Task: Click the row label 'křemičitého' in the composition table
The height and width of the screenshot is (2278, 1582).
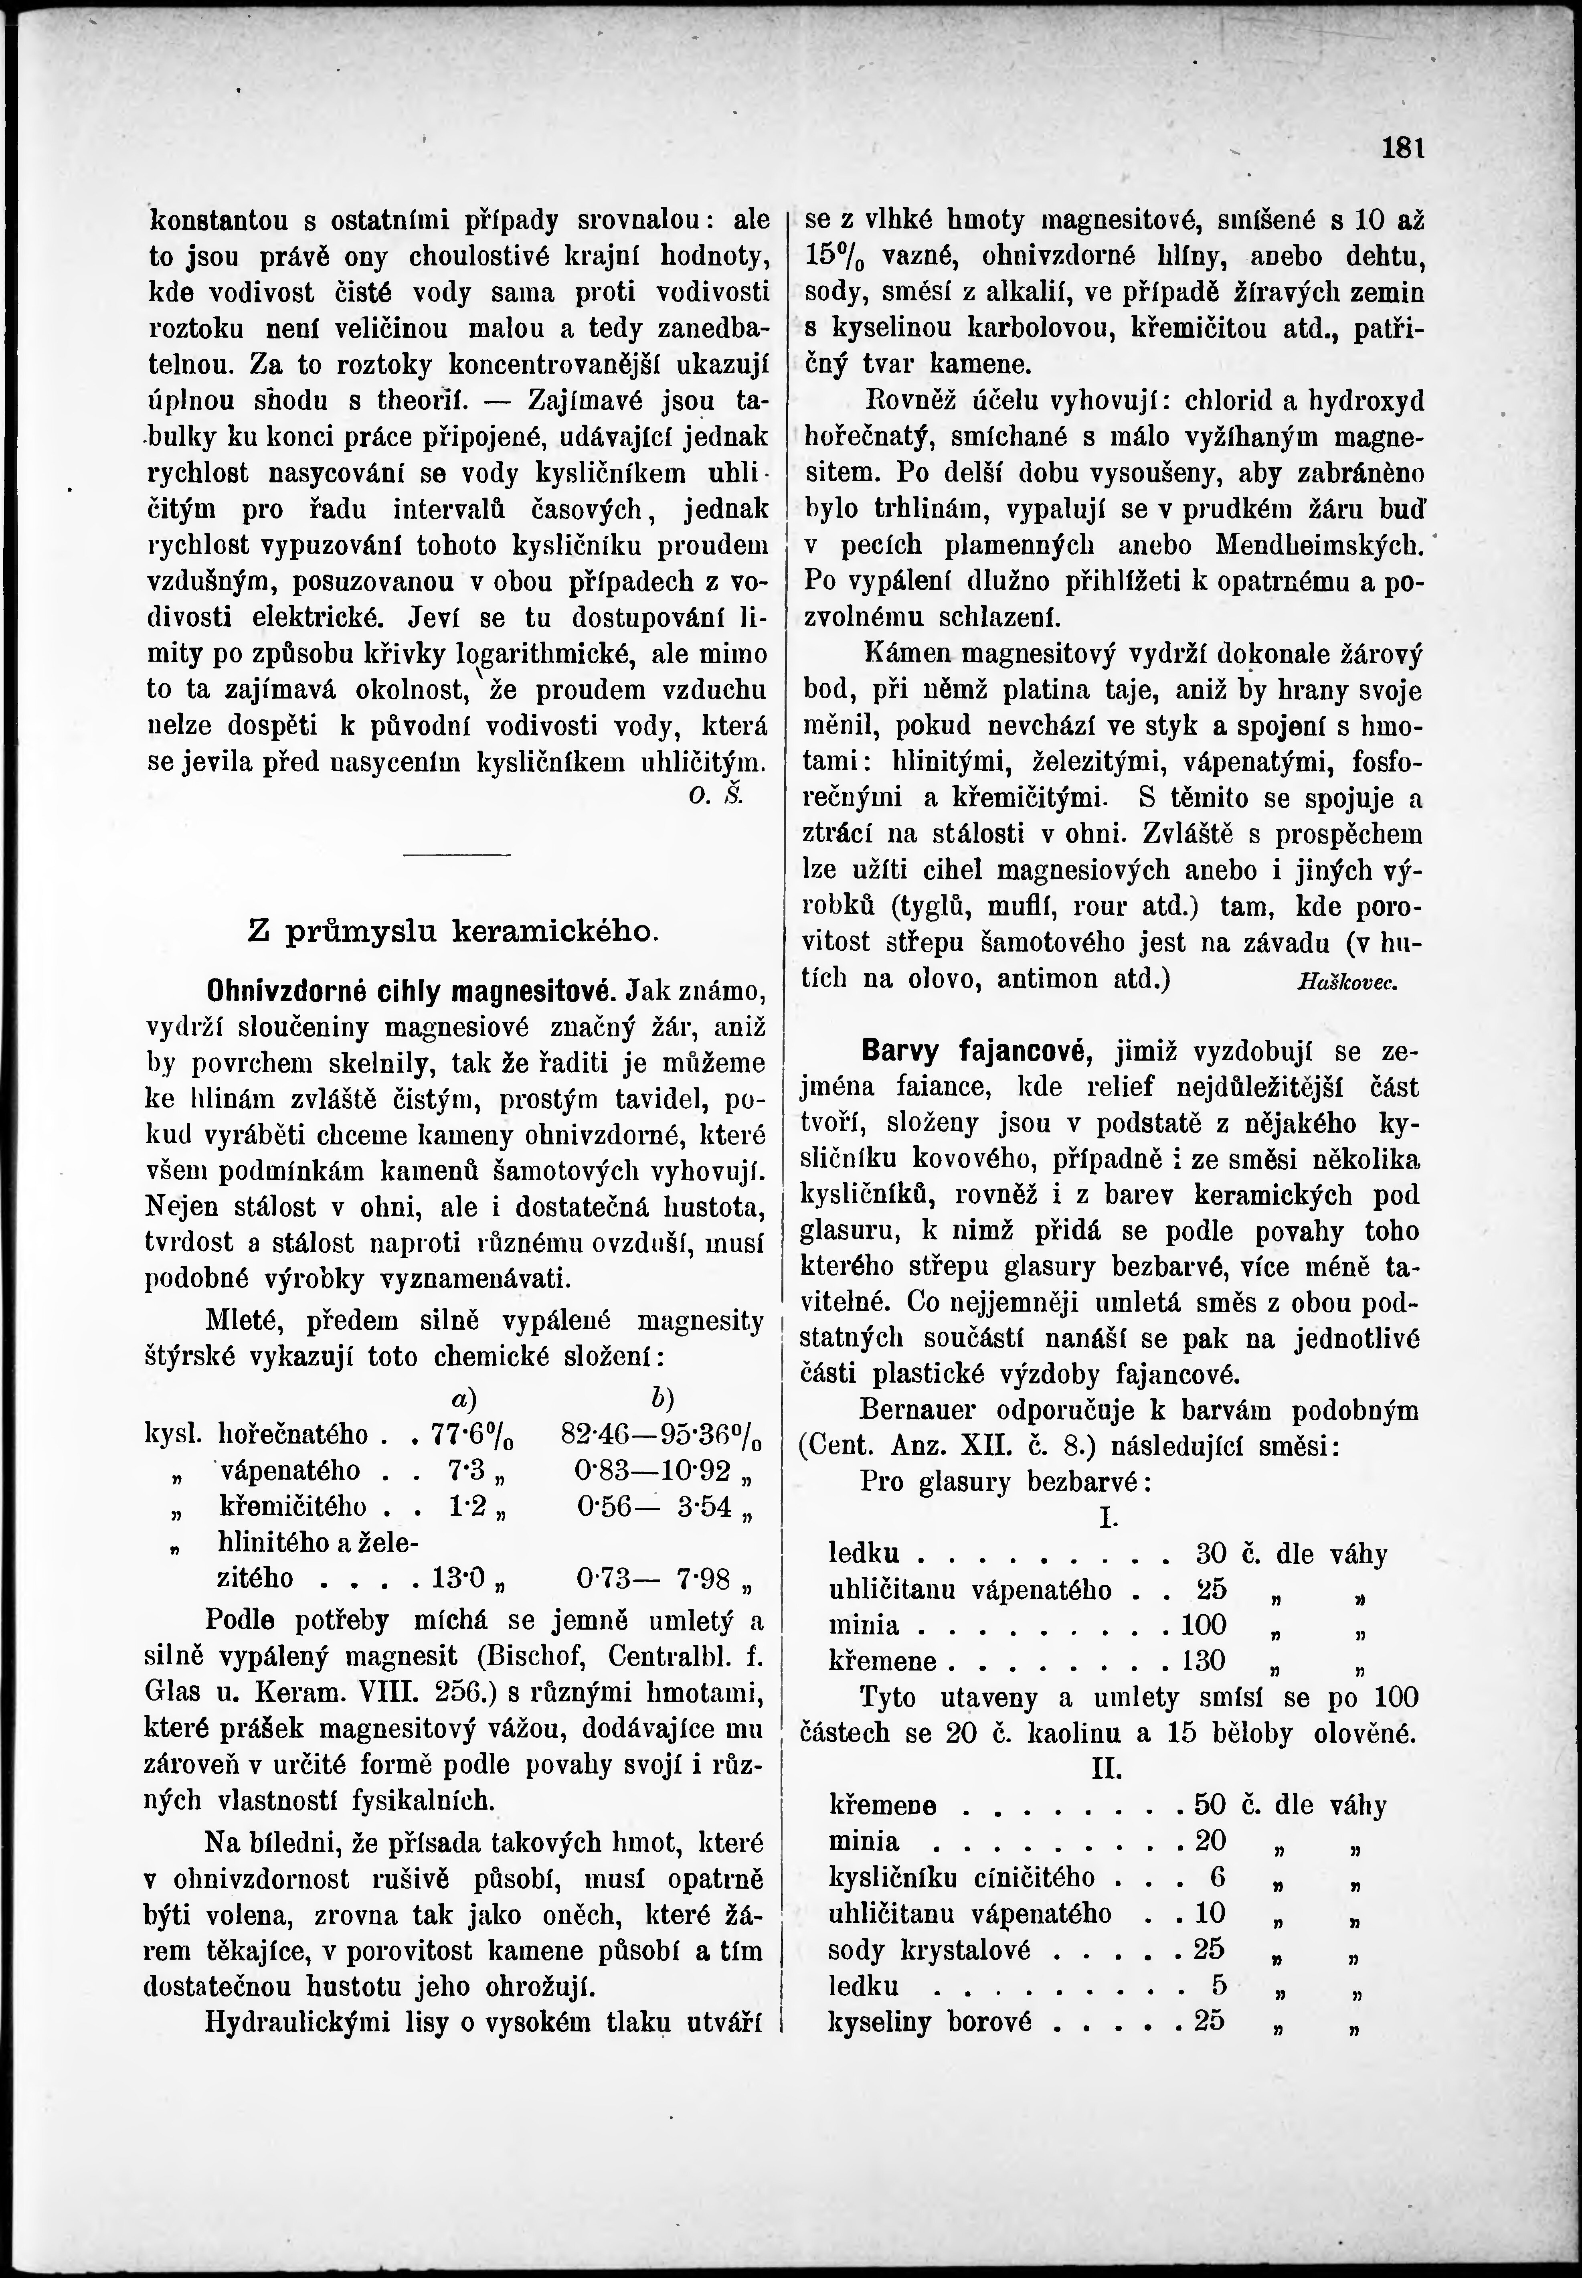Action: [292, 1507]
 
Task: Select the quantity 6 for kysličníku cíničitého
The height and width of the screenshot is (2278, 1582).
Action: [1218, 1877]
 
